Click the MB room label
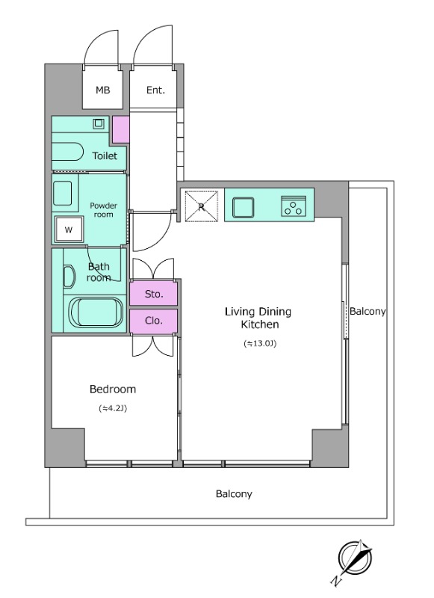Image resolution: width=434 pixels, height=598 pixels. coord(102,90)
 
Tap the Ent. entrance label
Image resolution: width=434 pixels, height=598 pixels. coord(155,90)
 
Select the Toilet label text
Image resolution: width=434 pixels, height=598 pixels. coord(105,155)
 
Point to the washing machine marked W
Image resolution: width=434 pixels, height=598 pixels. coord(69,229)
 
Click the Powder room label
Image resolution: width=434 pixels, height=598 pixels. coord(103,210)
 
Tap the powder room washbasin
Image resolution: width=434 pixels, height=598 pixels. coord(62,194)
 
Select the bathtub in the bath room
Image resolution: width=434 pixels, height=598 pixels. coord(96,312)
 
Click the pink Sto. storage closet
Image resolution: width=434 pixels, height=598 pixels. coord(154,294)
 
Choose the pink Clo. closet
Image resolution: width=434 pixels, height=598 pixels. coord(154,321)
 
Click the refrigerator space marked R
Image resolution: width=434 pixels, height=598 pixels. coord(201,206)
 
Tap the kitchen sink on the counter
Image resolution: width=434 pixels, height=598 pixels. coord(243,208)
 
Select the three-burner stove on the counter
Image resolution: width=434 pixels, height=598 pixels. coord(294,206)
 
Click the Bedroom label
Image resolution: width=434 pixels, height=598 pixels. coord(112,389)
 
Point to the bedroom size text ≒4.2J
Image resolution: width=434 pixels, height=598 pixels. coord(112,408)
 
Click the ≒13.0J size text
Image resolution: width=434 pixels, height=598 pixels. coord(260,344)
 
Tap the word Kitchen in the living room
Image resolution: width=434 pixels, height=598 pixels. coord(260,324)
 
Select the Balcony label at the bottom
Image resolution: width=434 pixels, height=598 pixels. coord(234,494)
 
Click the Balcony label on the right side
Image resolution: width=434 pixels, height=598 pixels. coord(368,312)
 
